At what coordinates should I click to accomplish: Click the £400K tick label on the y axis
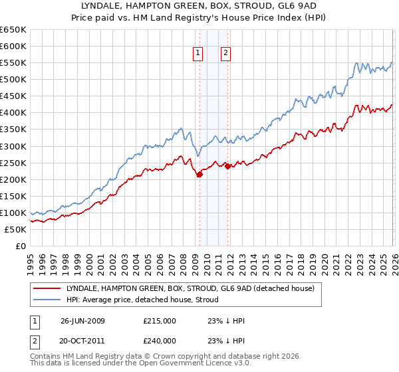(x=13, y=113)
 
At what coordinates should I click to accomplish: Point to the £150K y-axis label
(x=13, y=196)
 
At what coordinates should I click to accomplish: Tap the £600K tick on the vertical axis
(x=13, y=46)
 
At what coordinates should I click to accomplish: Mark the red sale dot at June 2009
(x=199, y=174)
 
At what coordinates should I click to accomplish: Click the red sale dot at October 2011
(x=227, y=166)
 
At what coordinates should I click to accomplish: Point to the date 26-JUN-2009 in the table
(x=82, y=320)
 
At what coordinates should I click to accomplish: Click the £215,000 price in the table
(x=159, y=320)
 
